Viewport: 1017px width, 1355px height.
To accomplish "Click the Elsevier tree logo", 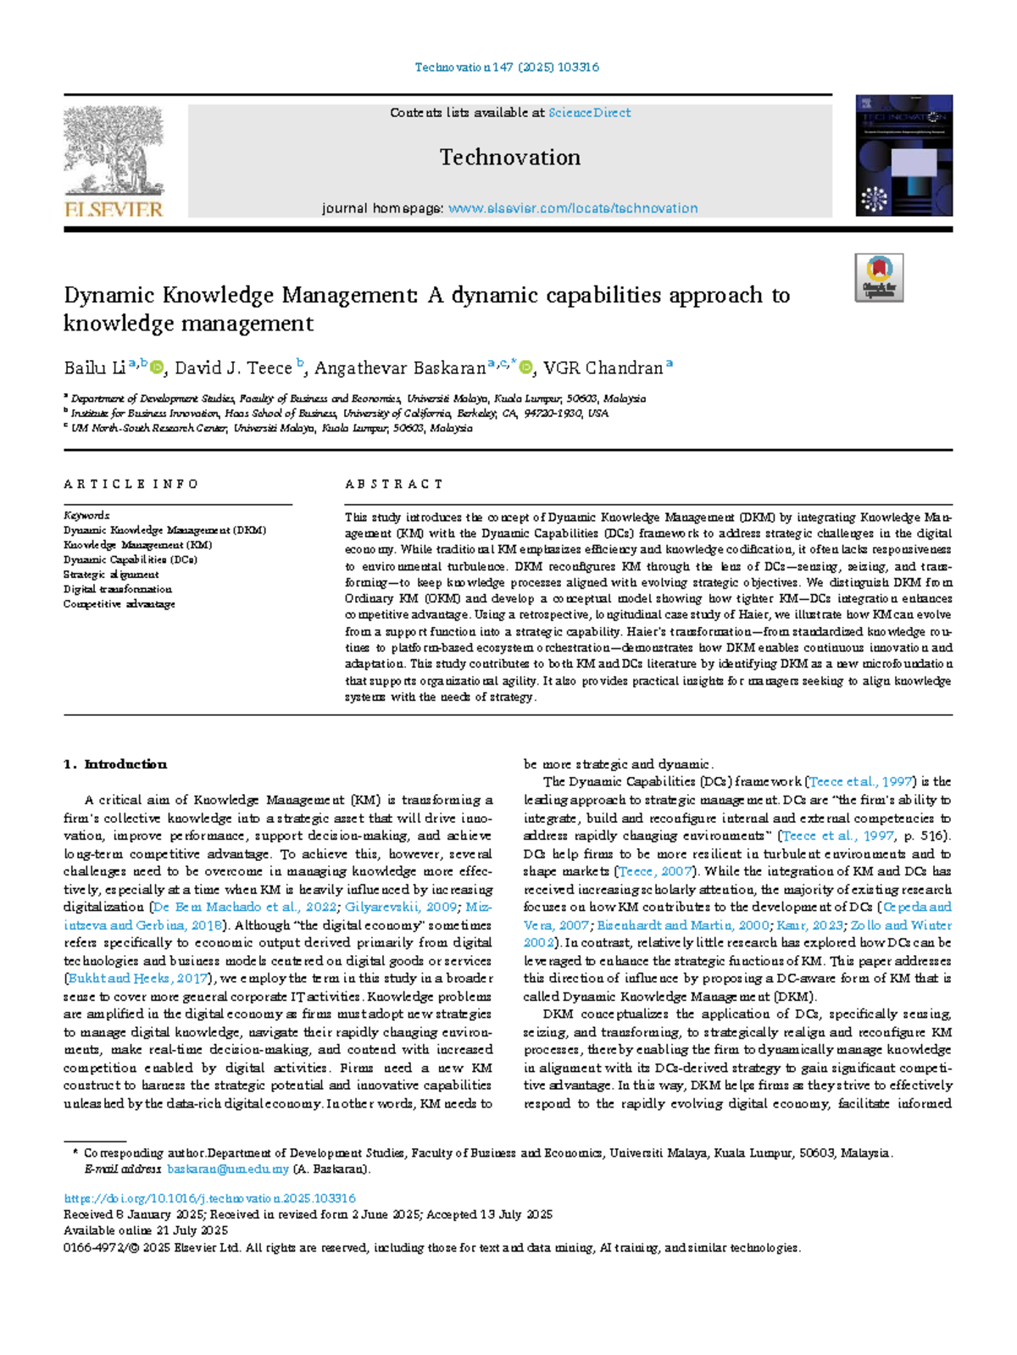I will tap(114, 153).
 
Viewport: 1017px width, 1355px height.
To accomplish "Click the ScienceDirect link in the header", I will tap(589, 113).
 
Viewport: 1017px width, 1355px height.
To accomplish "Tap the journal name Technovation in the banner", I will tap(509, 158).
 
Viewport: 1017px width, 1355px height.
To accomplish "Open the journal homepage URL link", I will tap(573, 208).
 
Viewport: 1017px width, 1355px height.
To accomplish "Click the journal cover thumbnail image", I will tap(903, 156).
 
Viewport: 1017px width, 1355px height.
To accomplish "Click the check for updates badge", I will tap(879, 278).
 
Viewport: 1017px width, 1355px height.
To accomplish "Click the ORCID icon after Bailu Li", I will tap(157, 368).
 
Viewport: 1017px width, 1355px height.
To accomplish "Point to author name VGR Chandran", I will tap(603, 369).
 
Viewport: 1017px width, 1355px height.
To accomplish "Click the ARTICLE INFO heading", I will tap(131, 485).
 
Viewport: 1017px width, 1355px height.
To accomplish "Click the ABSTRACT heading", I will tap(394, 485).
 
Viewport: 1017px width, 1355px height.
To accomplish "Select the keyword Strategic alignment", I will tap(111, 575).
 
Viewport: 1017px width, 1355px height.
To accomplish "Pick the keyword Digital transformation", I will tap(118, 589).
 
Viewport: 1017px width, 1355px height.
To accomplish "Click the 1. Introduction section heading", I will tap(115, 764).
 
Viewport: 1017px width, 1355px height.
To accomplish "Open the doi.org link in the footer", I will tap(210, 1199).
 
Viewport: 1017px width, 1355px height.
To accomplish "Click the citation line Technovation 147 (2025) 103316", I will tap(507, 67).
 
